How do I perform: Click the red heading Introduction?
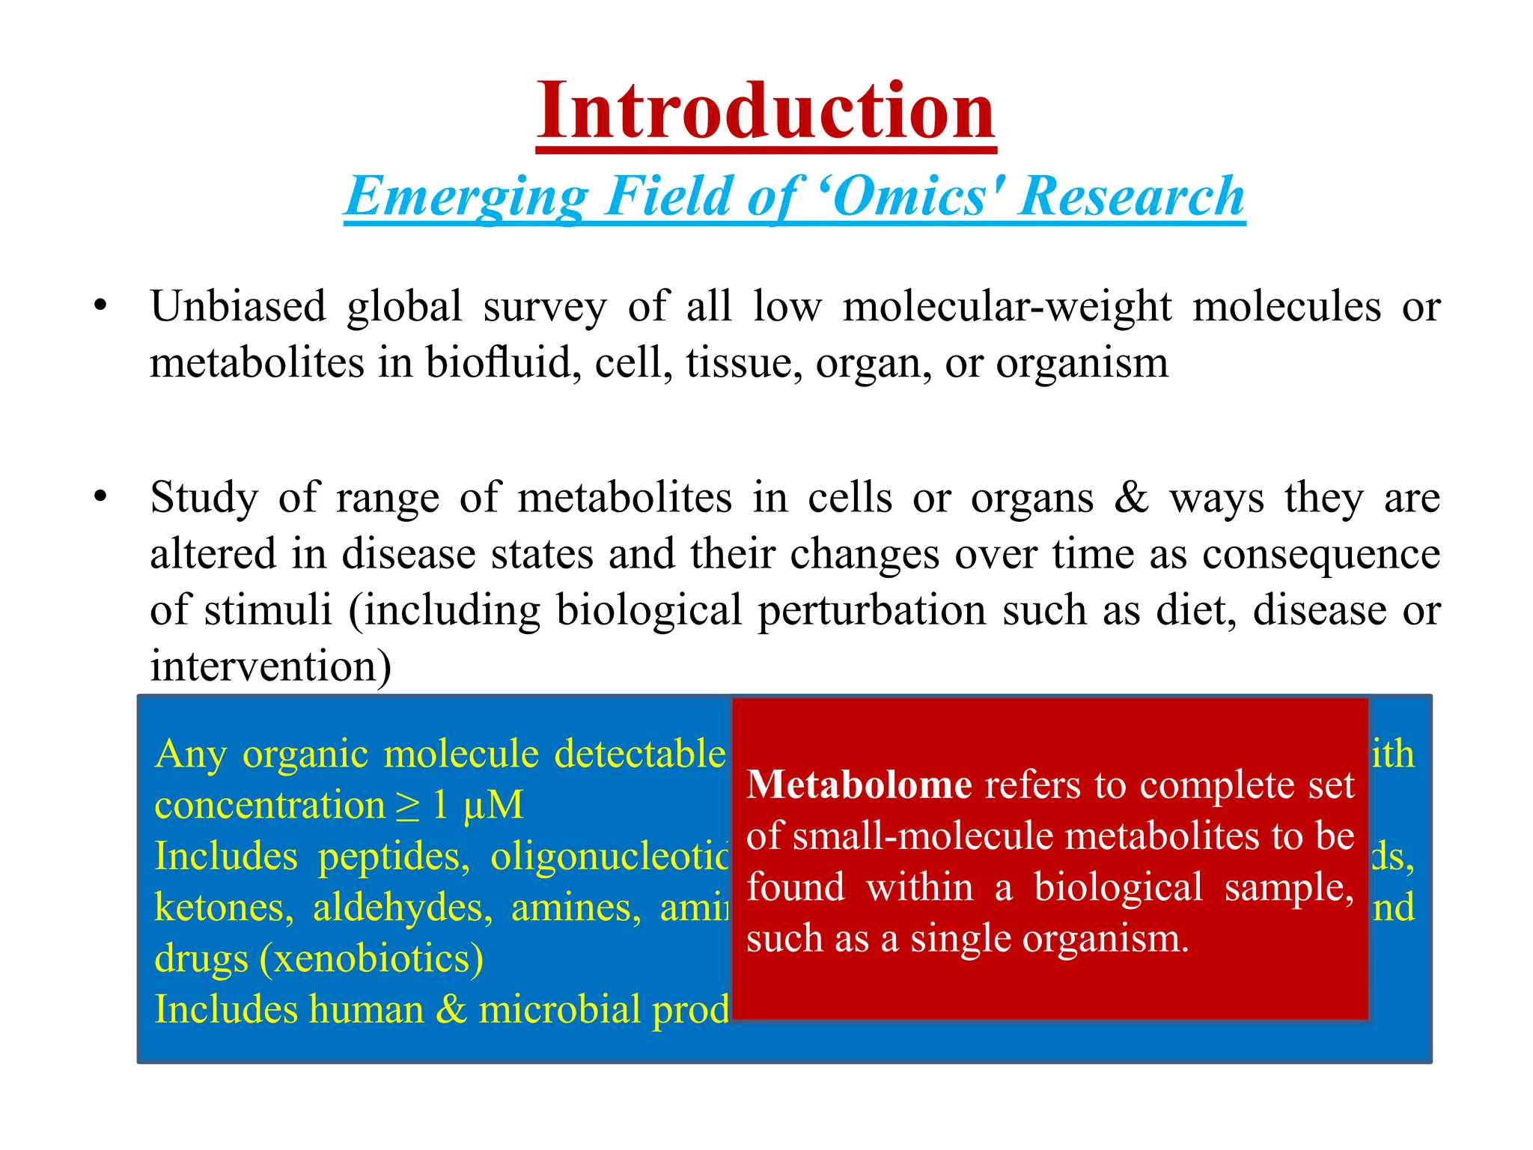click(766, 112)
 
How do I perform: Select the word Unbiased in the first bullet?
click(238, 307)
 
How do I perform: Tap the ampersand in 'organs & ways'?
click(1131, 497)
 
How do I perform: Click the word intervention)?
click(270, 666)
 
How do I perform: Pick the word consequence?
click(1321, 555)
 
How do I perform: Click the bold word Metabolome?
click(859, 785)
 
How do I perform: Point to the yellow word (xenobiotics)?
click(371, 959)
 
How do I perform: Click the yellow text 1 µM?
click(478, 806)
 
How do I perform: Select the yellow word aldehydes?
click(403, 908)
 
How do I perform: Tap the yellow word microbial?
click(560, 1010)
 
